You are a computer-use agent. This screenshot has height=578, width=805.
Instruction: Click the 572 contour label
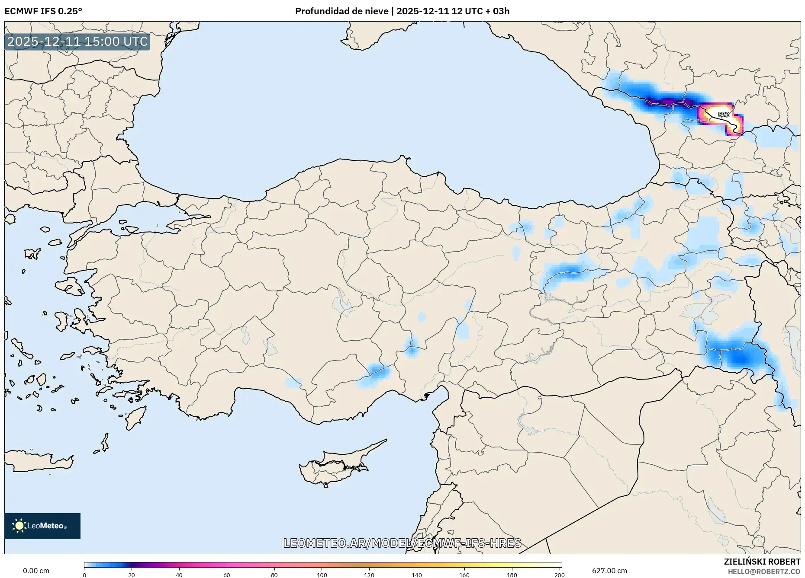click(723, 115)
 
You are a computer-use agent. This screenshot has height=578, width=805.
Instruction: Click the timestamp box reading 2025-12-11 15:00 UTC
click(77, 42)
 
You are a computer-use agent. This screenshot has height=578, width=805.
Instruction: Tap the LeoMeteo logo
click(42, 526)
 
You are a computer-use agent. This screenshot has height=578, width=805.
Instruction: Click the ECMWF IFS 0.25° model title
click(43, 11)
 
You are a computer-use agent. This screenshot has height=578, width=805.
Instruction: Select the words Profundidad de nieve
click(341, 11)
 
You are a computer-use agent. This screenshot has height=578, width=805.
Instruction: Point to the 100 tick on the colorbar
click(322, 575)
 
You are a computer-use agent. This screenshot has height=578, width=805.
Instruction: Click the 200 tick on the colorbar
click(559, 575)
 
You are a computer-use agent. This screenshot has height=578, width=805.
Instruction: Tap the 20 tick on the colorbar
click(132, 575)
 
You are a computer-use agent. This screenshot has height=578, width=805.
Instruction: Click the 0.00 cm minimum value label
click(36, 571)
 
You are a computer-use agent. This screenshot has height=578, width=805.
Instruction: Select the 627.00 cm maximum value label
click(609, 571)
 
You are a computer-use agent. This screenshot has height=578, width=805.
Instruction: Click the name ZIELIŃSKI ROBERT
click(762, 562)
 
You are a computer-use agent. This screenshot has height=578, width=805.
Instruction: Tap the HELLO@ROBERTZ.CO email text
click(763, 572)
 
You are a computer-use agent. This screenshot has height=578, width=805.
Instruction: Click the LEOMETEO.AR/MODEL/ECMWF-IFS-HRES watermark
click(402, 543)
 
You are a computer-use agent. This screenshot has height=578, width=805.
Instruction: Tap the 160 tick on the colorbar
click(464, 575)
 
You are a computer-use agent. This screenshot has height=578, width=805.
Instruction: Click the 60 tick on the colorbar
click(226, 575)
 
